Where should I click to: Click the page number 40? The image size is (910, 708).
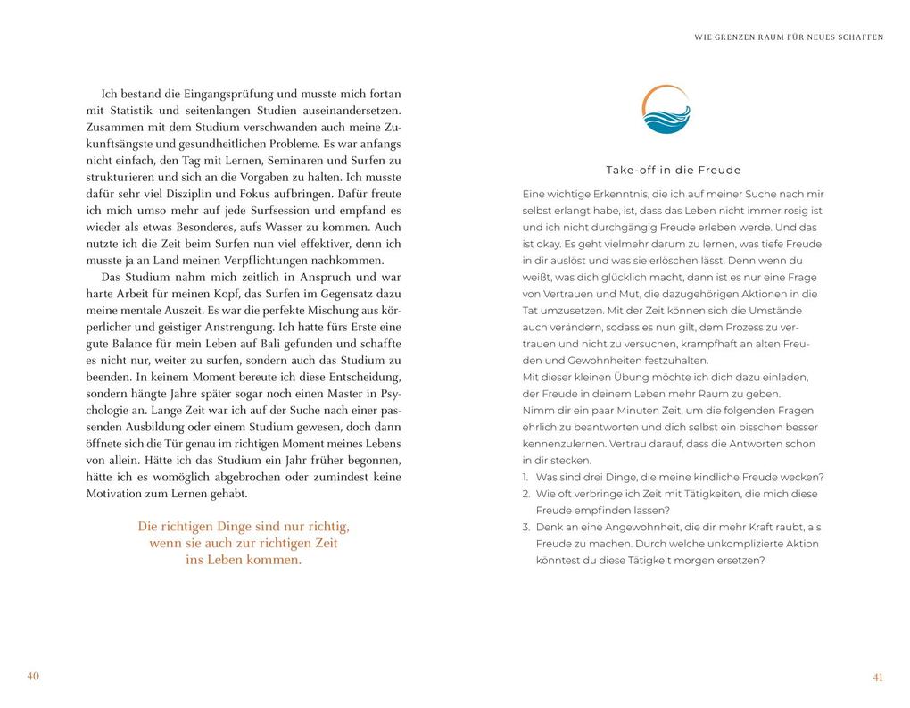(33, 676)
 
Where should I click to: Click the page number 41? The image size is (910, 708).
(877, 678)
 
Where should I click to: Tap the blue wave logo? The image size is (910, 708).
(666, 111)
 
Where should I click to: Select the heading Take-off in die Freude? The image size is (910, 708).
(674, 170)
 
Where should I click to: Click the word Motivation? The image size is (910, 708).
(118, 494)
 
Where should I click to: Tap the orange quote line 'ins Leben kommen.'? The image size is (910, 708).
(244, 560)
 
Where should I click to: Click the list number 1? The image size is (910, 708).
(526, 477)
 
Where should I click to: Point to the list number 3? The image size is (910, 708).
(526, 527)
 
